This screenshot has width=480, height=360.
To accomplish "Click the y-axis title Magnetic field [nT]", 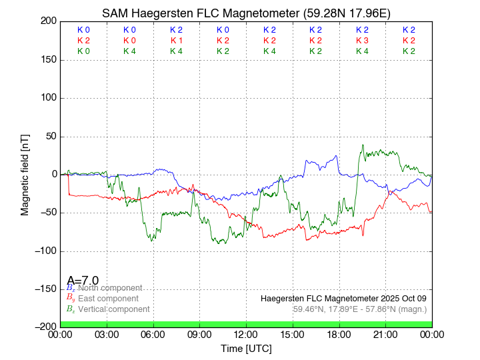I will pyautogui.click(x=25, y=173).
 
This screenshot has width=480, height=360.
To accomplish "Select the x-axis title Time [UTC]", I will pyautogui.click(x=246, y=349).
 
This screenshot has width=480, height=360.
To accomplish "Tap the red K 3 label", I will pyautogui.click(x=362, y=41).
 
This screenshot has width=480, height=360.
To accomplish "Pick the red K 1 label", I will pyautogui.click(x=176, y=41).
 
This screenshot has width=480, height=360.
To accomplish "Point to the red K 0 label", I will pyautogui.click(x=129, y=41).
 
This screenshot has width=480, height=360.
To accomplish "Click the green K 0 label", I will pyautogui.click(x=83, y=51).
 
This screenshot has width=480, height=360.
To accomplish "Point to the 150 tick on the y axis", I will pyautogui.click(x=48, y=60).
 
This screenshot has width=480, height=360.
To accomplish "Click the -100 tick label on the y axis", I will pyautogui.click(x=45, y=251).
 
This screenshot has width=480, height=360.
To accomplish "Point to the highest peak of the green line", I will pyautogui.click(x=363, y=145).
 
